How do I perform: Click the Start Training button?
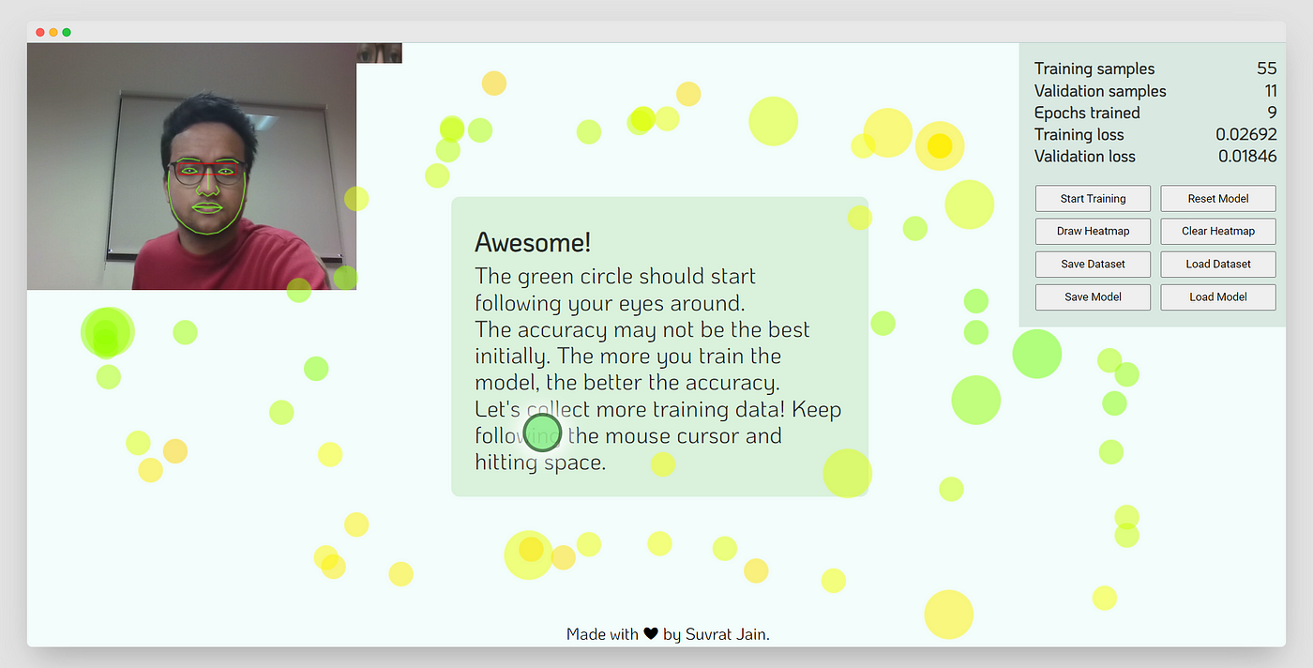1093,198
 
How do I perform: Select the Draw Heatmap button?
1093,231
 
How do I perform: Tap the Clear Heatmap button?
1218,231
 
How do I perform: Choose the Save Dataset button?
1093,264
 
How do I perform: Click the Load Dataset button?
1218,264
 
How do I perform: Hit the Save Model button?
1093,296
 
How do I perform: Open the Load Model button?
1218,296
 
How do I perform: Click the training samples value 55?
1266,68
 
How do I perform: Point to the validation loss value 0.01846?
1247,156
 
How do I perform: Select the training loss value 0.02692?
1246,134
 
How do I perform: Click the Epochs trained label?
1087,113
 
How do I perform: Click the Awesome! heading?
533,242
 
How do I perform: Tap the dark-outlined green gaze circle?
542,433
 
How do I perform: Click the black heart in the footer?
651,633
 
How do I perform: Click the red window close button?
40,32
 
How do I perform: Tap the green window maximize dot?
67,32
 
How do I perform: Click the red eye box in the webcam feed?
207,170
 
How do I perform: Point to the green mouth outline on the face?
207,208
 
